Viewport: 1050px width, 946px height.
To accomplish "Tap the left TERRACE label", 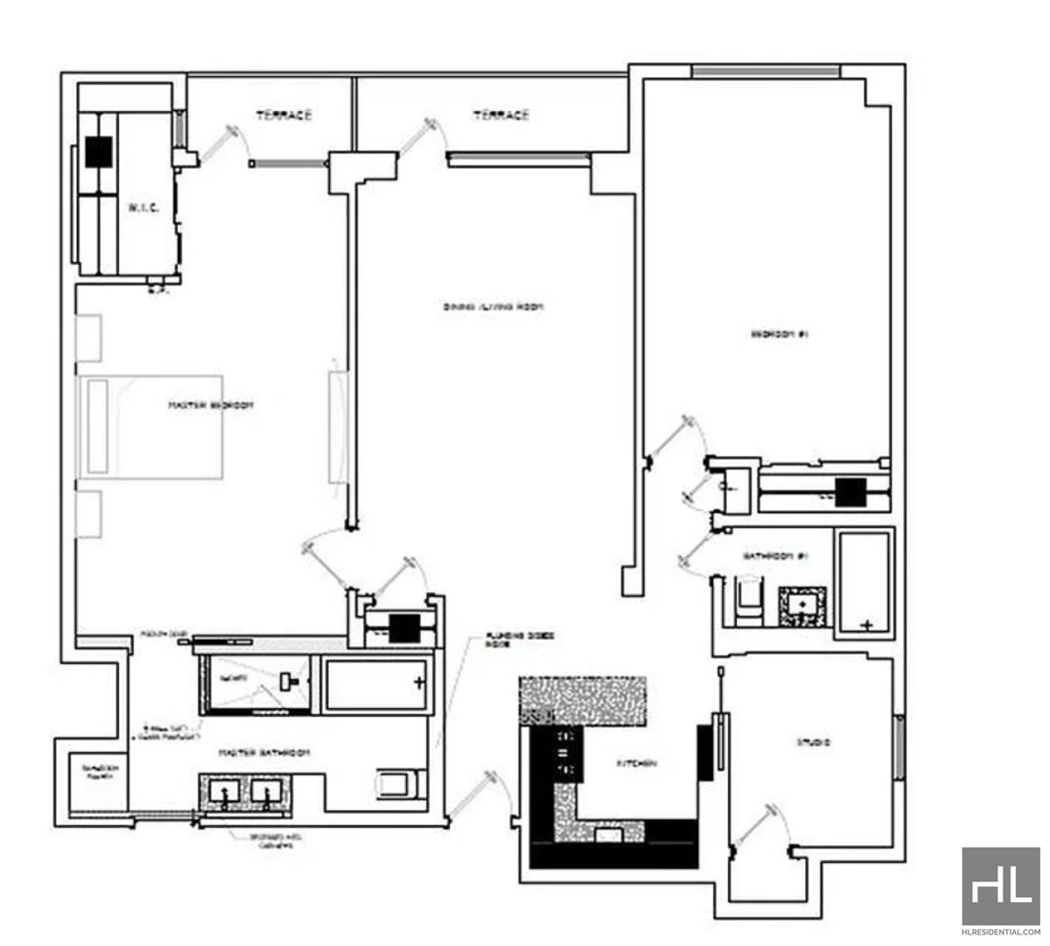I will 283,115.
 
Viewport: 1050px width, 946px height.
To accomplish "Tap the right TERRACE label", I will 501,115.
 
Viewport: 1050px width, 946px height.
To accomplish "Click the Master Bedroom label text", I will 211,405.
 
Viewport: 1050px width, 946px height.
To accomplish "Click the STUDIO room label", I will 813,743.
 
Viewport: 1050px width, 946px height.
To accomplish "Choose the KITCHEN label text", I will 637,764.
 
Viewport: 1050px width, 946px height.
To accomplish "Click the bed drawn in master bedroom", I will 149,426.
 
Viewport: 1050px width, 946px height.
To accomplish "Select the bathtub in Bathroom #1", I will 864,582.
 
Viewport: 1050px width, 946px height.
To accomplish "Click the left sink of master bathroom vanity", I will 226,792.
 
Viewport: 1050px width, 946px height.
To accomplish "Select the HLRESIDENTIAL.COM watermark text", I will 1000,933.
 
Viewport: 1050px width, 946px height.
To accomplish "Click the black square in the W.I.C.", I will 99,153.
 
